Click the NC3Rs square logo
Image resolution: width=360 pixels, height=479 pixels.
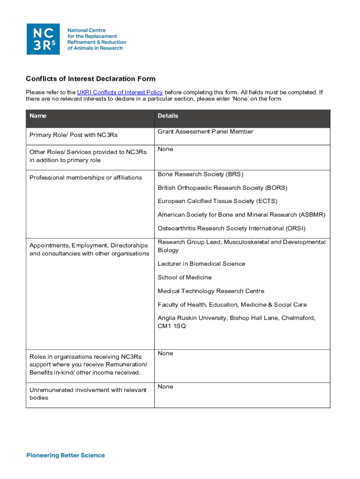(43, 39)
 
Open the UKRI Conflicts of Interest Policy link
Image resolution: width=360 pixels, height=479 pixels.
(120, 92)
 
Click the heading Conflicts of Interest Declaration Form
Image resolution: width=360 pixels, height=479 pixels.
(90, 79)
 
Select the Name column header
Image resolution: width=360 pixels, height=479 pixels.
(38, 116)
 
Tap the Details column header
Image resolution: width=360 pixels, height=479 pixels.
(168, 116)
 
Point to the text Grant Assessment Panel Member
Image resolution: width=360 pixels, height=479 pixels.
(205, 131)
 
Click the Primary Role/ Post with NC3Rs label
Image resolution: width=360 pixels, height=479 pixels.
(73, 135)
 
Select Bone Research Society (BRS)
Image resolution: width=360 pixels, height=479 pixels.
(200, 174)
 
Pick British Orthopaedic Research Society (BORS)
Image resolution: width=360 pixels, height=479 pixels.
(222, 188)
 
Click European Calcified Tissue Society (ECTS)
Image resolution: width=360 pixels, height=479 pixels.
(217, 201)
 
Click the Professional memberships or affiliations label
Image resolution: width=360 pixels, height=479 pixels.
(86, 178)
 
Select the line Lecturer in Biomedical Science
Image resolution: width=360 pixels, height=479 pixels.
(201, 264)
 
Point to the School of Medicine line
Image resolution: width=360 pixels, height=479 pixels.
(184, 277)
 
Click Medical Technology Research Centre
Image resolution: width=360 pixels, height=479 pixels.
(211, 291)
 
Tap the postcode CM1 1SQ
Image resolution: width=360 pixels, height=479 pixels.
(172, 326)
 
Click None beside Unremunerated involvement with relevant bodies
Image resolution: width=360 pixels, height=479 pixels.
(165, 386)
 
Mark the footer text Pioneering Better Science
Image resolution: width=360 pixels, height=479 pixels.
(65, 455)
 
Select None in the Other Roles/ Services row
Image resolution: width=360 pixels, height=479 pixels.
(165, 149)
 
